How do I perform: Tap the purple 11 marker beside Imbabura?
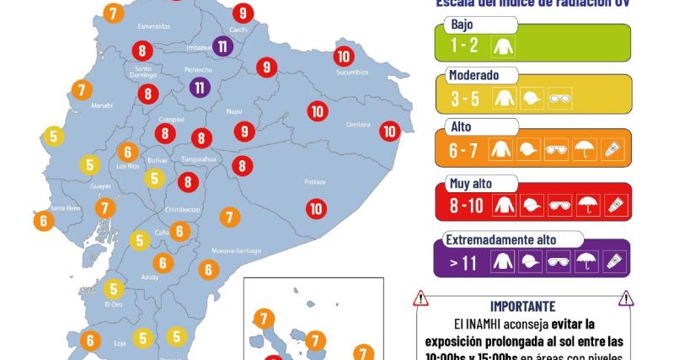tap(222, 46)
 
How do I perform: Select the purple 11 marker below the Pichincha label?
tap(200, 86)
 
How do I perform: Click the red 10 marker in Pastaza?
tap(316, 208)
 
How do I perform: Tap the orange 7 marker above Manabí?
tap(81, 89)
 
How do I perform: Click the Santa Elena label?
tap(66, 208)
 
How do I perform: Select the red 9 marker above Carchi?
tap(243, 13)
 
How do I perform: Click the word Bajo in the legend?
tap(463, 24)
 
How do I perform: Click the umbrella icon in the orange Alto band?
tap(584, 152)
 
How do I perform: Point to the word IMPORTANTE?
tap(522, 305)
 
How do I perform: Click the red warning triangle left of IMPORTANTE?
tap(421, 298)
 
